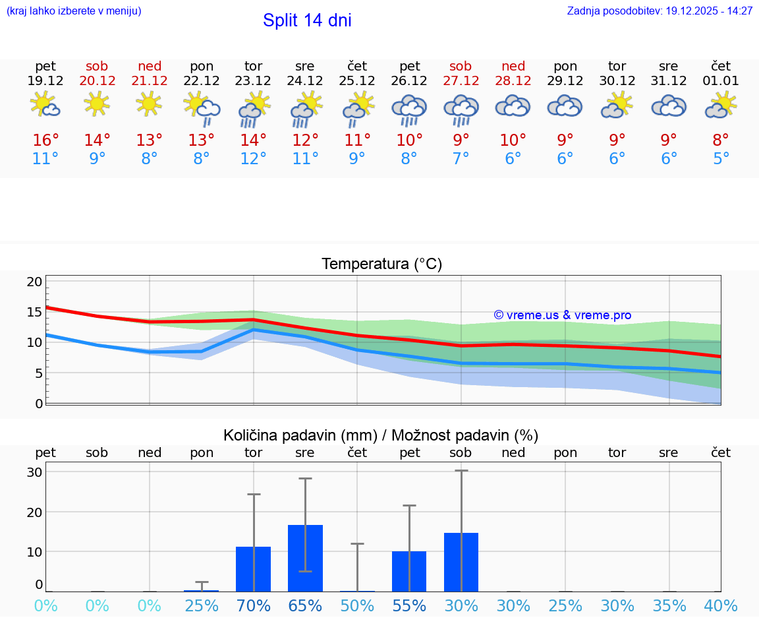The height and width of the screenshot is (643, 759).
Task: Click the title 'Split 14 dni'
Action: tap(307, 20)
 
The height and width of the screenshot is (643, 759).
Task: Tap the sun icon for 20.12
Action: tap(97, 104)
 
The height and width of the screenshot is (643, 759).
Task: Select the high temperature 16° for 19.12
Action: tap(45, 140)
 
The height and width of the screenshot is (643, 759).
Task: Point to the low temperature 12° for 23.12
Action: tap(254, 159)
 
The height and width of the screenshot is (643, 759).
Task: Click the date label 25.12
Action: tap(357, 80)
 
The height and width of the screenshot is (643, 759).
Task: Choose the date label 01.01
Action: tap(721, 80)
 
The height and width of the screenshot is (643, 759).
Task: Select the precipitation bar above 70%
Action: tap(254, 568)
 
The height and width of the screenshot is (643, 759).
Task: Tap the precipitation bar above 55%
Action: tap(409, 571)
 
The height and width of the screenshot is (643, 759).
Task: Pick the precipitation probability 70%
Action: tap(254, 605)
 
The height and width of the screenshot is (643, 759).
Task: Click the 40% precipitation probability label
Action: tap(721, 605)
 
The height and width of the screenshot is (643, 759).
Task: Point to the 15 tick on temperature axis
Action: tap(35, 312)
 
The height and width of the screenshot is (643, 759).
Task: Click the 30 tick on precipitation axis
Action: tap(35, 472)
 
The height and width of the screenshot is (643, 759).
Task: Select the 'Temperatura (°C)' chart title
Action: tap(381, 264)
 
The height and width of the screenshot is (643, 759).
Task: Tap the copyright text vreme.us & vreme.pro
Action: tap(563, 315)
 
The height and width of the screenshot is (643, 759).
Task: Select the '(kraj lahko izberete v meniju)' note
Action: tap(74, 11)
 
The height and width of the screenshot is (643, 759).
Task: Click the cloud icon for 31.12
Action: tap(669, 106)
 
